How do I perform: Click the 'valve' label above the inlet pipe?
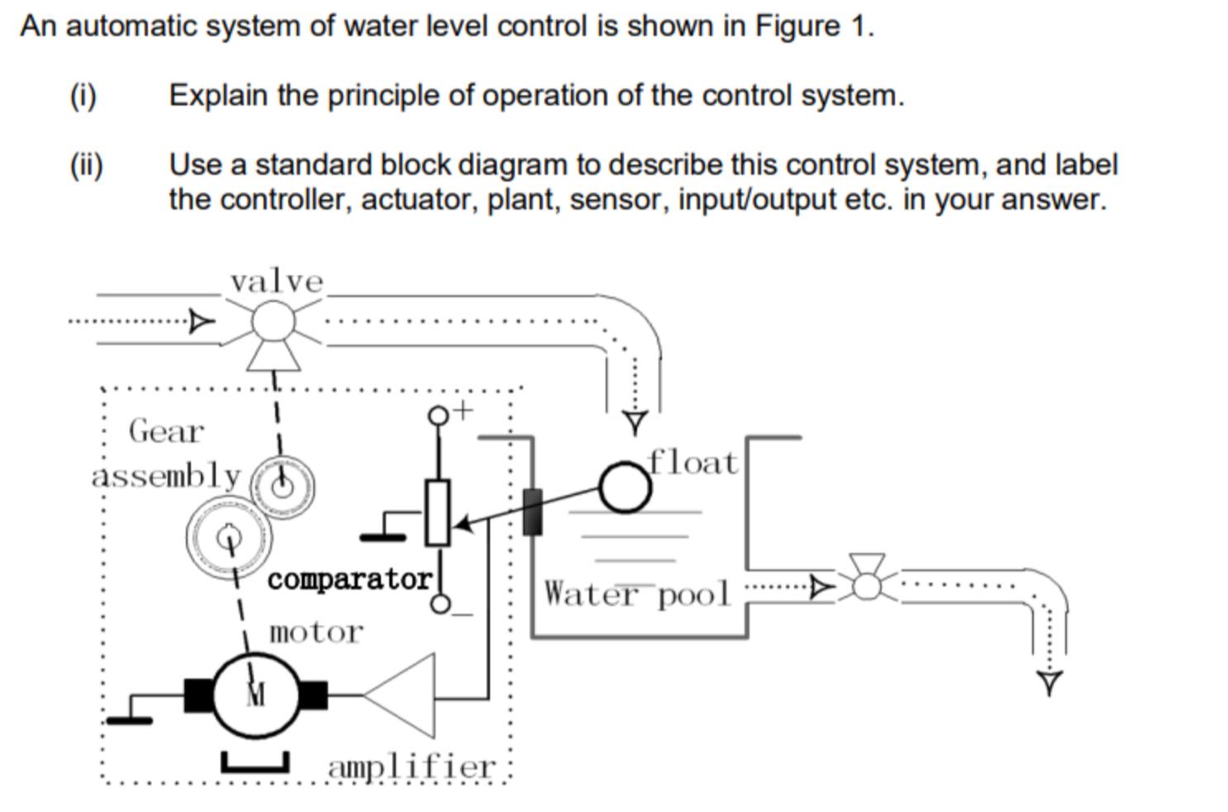[277, 282]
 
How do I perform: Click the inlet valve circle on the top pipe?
[273, 321]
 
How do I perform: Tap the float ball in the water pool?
[625, 487]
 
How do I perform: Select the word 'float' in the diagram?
[693, 463]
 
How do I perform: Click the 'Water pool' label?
[637, 594]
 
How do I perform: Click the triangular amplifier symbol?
[405, 696]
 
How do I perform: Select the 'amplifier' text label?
[412, 767]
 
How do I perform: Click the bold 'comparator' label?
[350, 579]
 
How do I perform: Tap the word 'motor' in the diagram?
[316, 632]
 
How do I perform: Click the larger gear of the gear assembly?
[229, 537]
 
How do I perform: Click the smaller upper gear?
[283, 486]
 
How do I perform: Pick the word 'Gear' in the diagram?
[166, 430]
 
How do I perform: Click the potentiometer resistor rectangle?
[437, 512]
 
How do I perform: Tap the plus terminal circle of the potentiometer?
[438, 415]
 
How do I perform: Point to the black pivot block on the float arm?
[533, 511]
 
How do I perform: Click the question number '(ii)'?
[86, 164]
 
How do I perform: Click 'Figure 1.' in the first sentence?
[814, 26]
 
